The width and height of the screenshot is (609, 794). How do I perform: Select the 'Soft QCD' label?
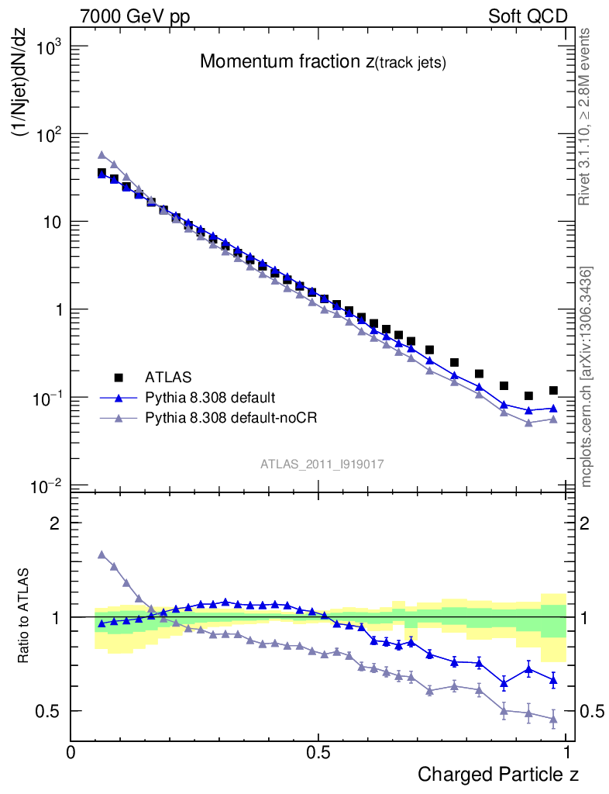tap(528, 16)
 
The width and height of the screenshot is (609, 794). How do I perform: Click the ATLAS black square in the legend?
tap(119, 378)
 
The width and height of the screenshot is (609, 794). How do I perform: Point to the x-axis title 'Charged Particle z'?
tap(498, 774)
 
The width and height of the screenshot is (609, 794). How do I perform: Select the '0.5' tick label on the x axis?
tap(318, 751)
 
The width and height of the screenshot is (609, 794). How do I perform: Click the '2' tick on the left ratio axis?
tap(55, 523)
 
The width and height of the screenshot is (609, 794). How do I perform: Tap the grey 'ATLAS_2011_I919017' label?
tap(322, 464)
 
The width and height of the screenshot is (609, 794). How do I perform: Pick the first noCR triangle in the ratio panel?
tap(101, 554)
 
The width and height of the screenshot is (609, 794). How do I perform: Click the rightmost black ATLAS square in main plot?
tap(553, 391)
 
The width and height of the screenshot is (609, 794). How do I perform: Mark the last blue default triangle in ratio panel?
tap(553, 681)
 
